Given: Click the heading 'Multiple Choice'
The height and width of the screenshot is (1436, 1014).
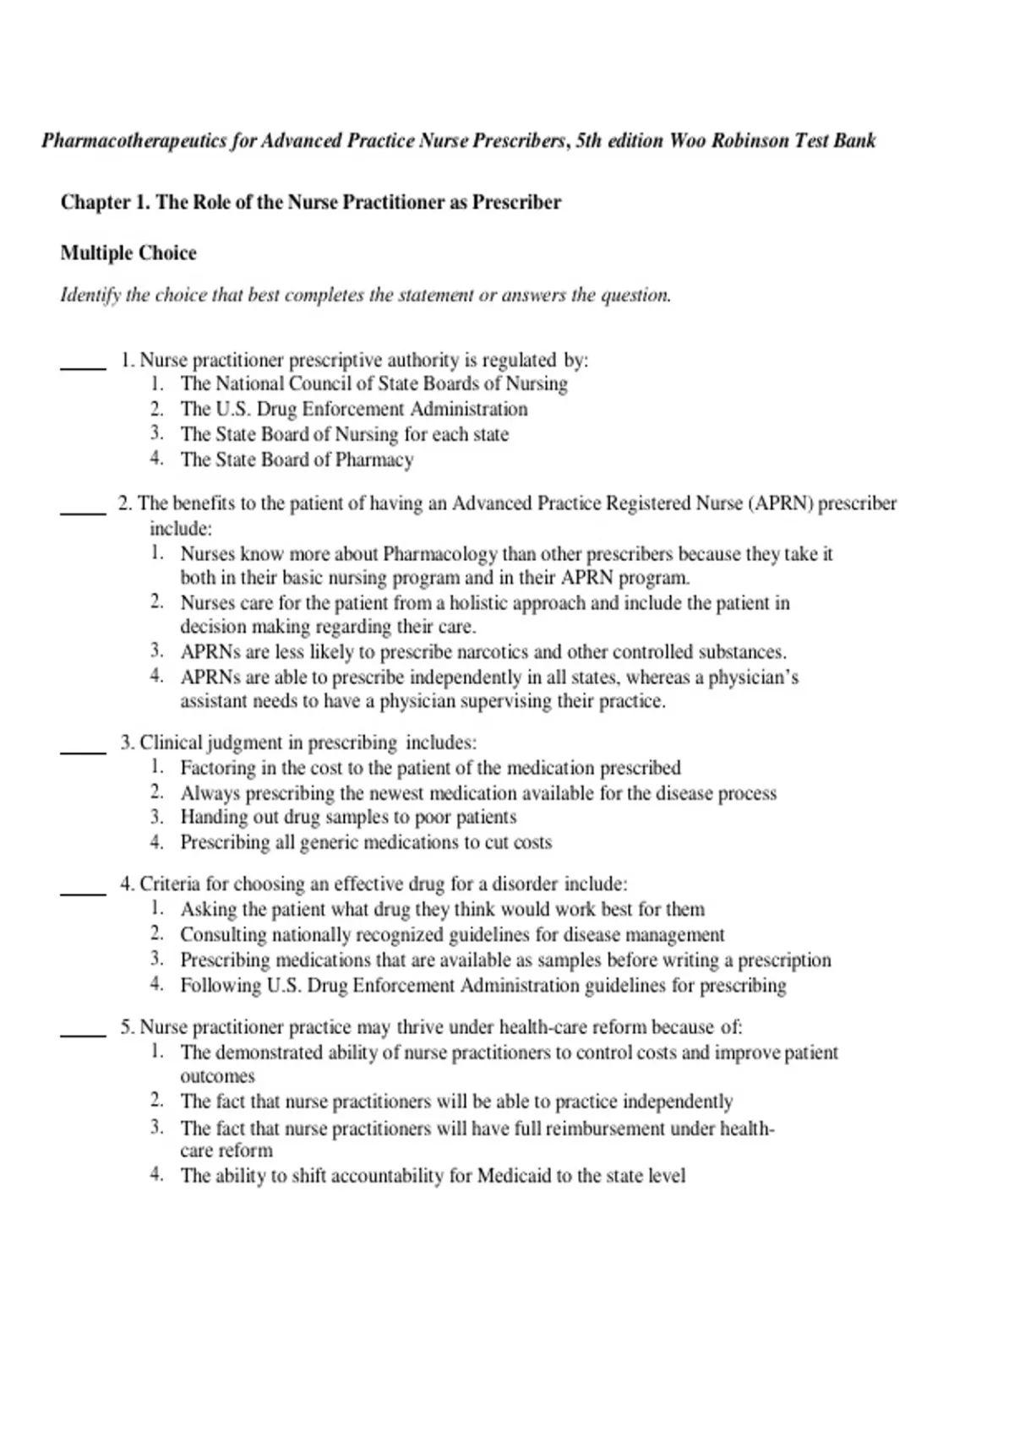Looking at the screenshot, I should coord(128,253).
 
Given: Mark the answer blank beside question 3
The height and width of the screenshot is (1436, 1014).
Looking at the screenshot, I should coord(83,750).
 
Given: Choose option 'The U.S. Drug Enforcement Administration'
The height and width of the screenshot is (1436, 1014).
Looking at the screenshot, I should coord(353,410).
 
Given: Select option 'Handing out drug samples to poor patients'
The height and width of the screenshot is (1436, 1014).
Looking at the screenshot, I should coord(347,818).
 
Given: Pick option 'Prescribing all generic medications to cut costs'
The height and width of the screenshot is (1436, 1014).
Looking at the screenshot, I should coord(365,843).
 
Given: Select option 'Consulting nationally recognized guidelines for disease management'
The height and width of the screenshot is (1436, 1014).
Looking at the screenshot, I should coord(451,935).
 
